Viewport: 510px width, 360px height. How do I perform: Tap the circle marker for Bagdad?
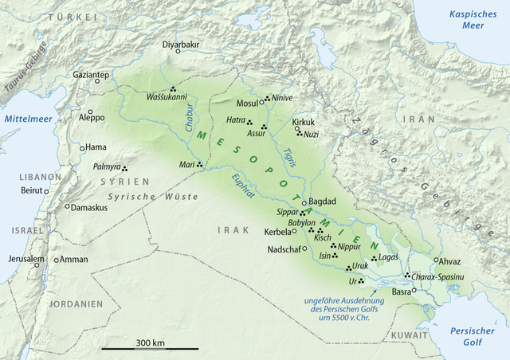point(304,202)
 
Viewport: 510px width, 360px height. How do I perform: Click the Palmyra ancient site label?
point(106,167)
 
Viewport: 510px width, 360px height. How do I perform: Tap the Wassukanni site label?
point(166,100)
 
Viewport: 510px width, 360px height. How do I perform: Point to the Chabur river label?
point(186,120)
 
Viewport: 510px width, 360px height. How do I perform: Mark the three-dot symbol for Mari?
point(200,165)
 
